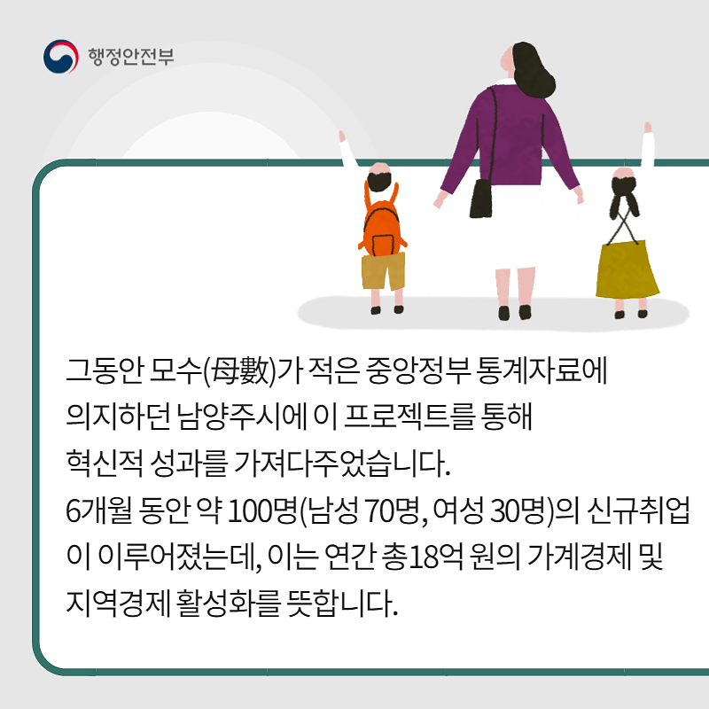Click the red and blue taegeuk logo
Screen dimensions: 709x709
click(x=60, y=57)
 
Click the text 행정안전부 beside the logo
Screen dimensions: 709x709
click(x=130, y=57)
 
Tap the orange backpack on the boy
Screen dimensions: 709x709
click(x=383, y=223)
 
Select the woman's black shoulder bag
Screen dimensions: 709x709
click(x=480, y=198)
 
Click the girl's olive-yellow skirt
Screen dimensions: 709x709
click(x=627, y=269)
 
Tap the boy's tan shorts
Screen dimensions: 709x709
click(x=384, y=271)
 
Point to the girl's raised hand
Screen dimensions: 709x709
click(x=648, y=127)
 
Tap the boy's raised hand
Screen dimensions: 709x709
click(x=342, y=136)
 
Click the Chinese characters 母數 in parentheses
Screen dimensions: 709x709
click(x=241, y=371)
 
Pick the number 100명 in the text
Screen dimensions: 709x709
click(x=261, y=511)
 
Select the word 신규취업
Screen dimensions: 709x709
click(x=638, y=511)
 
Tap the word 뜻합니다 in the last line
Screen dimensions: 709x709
click(x=342, y=604)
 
